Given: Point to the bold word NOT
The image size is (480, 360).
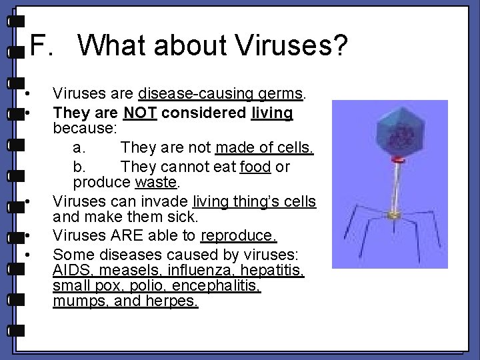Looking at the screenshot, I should coord(140,113).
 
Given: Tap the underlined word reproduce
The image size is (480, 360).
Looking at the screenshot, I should coord(239,236).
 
